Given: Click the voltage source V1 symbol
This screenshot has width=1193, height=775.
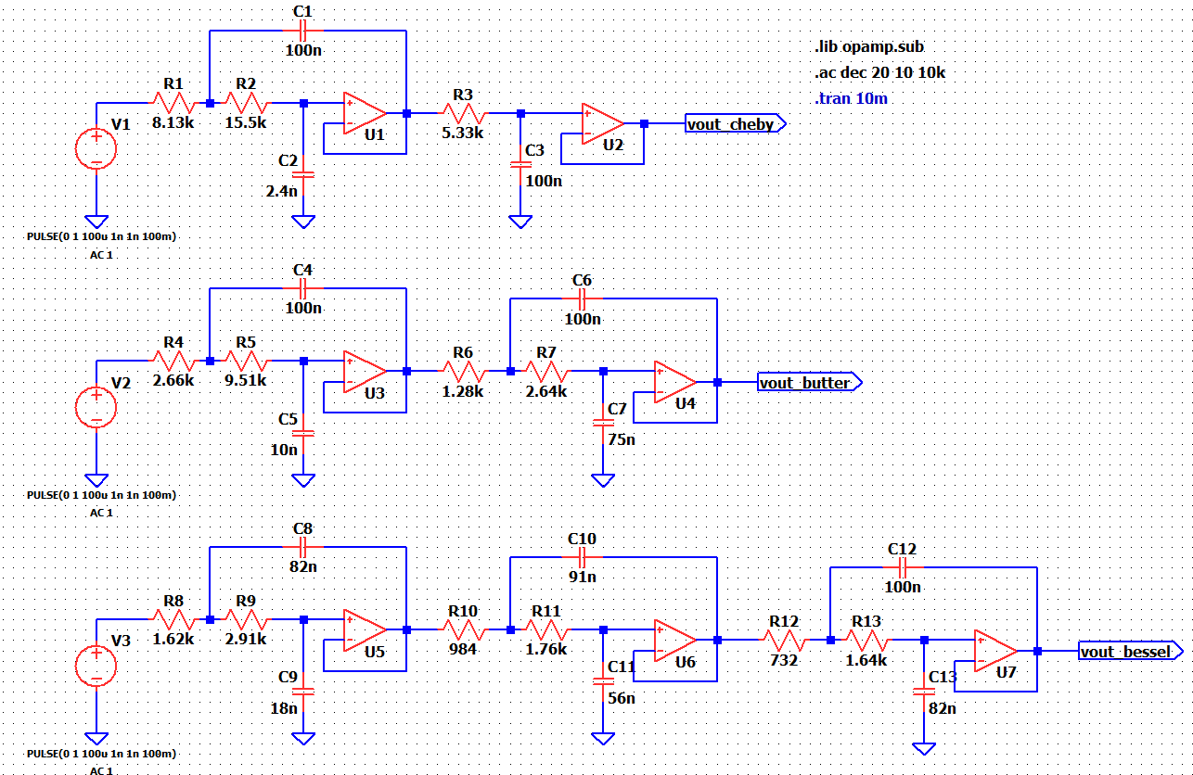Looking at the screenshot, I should pyautogui.click(x=96, y=148).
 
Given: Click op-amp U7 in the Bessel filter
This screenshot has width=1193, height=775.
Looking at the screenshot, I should pyautogui.click(x=994, y=651).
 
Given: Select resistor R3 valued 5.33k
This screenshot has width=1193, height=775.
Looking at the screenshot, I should pyautogui.click(x=462, y=113).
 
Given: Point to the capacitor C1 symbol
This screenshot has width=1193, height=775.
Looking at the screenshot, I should pyautogui.click(x=303, y=31).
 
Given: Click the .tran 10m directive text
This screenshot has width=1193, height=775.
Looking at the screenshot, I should pyautogui.click(x=851, y=98).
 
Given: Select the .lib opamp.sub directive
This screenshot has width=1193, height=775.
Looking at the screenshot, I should pyautogui.click(x=868, y=47).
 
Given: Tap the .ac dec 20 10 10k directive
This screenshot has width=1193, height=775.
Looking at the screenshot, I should pyautogui.click(x=879, y=73).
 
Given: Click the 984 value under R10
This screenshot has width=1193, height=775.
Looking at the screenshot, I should pyautogui.click(x=462, y=649).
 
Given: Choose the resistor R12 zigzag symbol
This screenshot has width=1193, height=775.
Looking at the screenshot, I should pyautogui.click(x=784, y=640).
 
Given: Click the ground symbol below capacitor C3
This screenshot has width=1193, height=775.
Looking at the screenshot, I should pyautogui.click(x=520, y=222).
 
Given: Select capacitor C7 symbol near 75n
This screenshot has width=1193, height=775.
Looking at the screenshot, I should pyautogui.click(x=603, y=423).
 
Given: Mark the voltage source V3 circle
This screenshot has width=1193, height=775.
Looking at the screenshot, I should pyautogui.click(x=96, y=666).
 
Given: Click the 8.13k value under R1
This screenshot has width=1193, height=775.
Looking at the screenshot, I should pyautogui.click(x=173, y=121).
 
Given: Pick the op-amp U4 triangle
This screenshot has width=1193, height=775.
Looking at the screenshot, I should pyautogui.click(x=674, y=381).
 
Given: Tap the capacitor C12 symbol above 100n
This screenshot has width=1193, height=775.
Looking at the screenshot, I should pyautogui.click(x=903, y=566).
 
